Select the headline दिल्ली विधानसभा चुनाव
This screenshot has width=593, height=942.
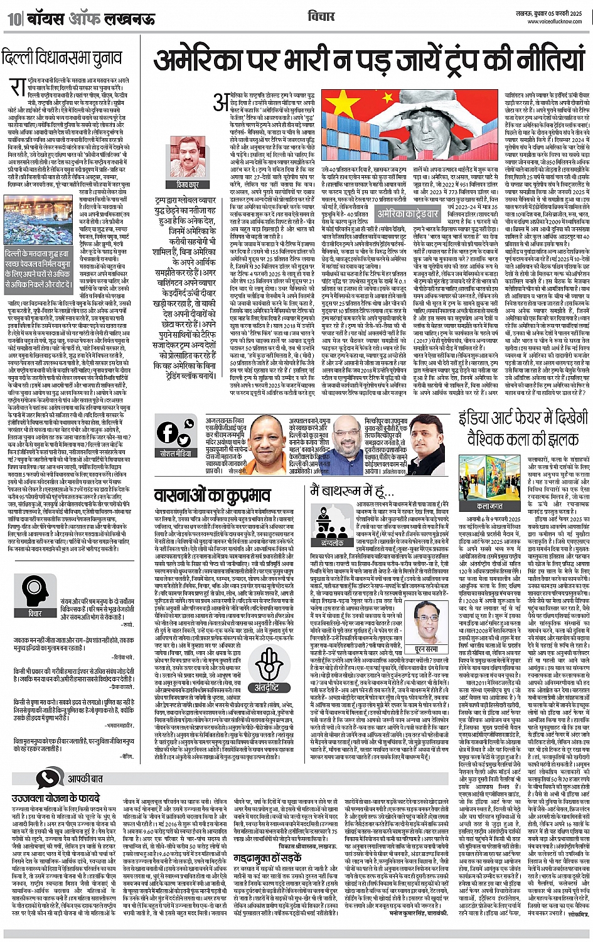click(62, 58)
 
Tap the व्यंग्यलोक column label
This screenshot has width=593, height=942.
click(332, 541)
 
